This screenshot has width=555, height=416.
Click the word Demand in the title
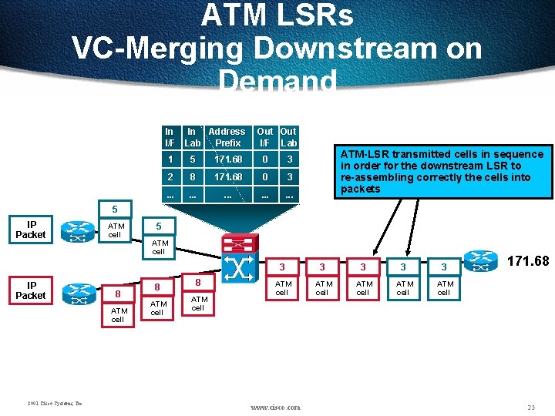(x=277, y=81)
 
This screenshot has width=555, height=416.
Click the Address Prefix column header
(x=227, y=137)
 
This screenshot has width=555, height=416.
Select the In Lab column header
(x=193, y=137)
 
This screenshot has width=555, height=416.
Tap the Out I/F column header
(x=264, y=137)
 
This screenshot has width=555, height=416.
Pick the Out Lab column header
(x=288, y=137)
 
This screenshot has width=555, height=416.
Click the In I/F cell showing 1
(x=170, y=159)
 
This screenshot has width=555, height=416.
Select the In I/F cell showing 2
(x=170, y=177)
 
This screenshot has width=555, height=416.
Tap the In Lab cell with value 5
(x=193, y=159)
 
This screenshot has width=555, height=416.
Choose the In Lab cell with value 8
(x=193, y=177)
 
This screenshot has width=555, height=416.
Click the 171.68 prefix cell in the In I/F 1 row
(x=227, y=159)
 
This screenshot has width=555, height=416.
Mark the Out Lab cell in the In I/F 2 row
(x=288, y=177)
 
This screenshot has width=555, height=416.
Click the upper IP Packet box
(x=31, y=230)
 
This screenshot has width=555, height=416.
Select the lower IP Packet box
(x=31, y=290)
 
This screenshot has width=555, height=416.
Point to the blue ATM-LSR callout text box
(x=442, y=171)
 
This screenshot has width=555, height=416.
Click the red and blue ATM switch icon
(x=239, y=258)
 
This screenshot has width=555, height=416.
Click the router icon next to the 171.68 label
(x=480, y=260)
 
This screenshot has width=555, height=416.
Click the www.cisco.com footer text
(x=276, y=407)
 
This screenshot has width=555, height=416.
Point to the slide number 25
(x=530, y=406)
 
